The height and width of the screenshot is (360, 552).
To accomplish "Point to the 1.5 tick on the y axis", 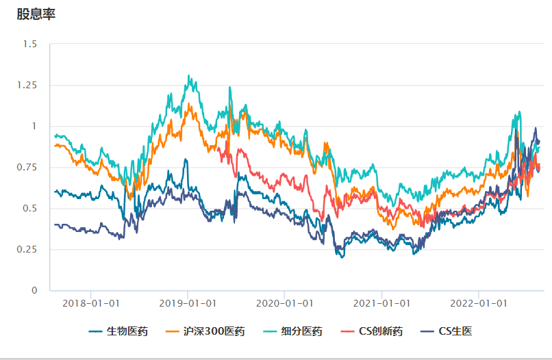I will click(x=30, y=44).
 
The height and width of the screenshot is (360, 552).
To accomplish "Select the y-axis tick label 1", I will click(x=34, y=127).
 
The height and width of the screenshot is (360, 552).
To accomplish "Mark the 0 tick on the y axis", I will click(x=34, y=291).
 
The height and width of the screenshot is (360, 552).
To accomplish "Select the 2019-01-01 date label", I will click(x=188, y=303).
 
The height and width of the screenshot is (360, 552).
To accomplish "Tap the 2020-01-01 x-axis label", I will click(x=285, y=303).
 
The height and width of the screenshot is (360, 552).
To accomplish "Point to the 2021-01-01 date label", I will click(x=381, y=303).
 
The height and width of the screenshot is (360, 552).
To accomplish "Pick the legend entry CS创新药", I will click(x=381, y=332).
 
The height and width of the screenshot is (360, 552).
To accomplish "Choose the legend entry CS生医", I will click(x=455, y=332).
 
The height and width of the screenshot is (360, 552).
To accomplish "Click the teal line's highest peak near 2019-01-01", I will click(x=188, y=76).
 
